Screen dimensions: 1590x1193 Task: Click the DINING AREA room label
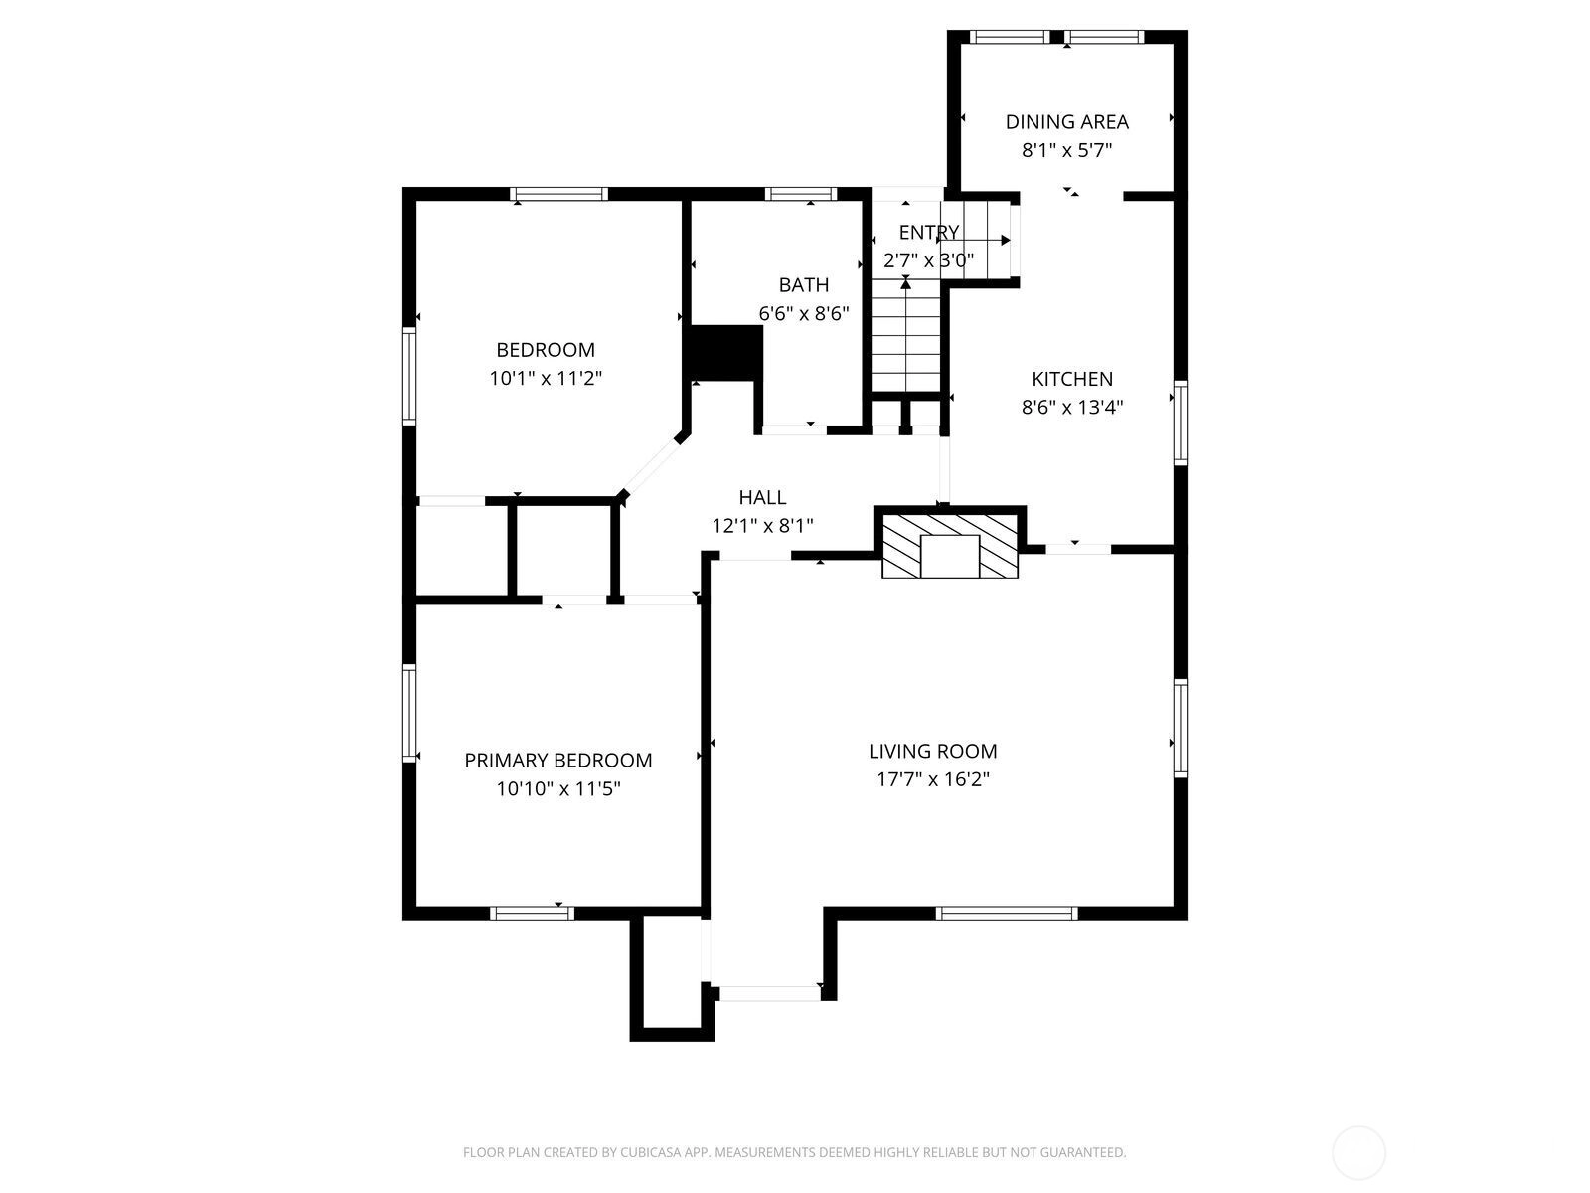pyautogui.click(x=1066, y=121)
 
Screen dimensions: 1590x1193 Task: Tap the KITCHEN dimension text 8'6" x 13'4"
pyautogui.click(x=1071, y=407)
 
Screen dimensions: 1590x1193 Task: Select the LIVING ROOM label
pyautogui.click(x=932, y=752)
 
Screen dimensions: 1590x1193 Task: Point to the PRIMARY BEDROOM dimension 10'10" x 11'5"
pyautogui.click(x=557, y=788)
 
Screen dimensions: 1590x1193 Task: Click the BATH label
pyautogui.click(x=803, y=285)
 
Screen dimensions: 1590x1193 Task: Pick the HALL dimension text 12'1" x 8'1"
pyautogui.click(x=762, y=526)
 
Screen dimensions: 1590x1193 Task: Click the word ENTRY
pyautogui.click(x=928, y=232)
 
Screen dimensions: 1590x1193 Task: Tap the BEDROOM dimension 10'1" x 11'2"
pyautogui.click(x=546, y=378)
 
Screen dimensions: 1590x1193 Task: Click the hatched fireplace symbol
pyautogui.click(x=950, y=546)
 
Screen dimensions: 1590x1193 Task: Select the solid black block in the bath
pyautogui.click(x=725, y=352)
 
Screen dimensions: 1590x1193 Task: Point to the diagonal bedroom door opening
pyautogui.click(x=650, y=466)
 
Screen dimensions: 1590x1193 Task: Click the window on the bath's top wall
pyautogui.click(x=800, y=194)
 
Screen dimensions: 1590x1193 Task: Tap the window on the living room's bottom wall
pyautogui.click(x=1006, y=914)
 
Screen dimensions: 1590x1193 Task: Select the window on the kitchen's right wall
pyautogui.click(x=1180, y=423)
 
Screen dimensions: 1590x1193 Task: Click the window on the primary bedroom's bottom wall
pyautogui.click(x=532, y=914)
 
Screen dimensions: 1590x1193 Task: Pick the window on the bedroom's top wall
pyautogui.click(x=558, y=194)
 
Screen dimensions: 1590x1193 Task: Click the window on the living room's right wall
pyautogui.click(x=1180, y=728)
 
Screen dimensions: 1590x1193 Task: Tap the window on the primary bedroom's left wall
pyautogui.click(x=409, y=713)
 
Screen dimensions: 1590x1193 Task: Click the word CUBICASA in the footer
pyautogui.click(x=651, y=1152)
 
